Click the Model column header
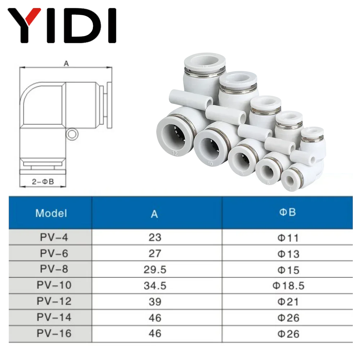(x=51, y=213)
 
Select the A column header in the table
(x=154, y=213)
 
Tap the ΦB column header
(x=287, y=212)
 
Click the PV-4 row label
(x=54, y=238)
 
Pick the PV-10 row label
(x=54, y=285)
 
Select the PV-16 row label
(x=54, y=333)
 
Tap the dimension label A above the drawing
(x=66, y=63)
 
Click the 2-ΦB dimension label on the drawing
(x=42, y=182)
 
